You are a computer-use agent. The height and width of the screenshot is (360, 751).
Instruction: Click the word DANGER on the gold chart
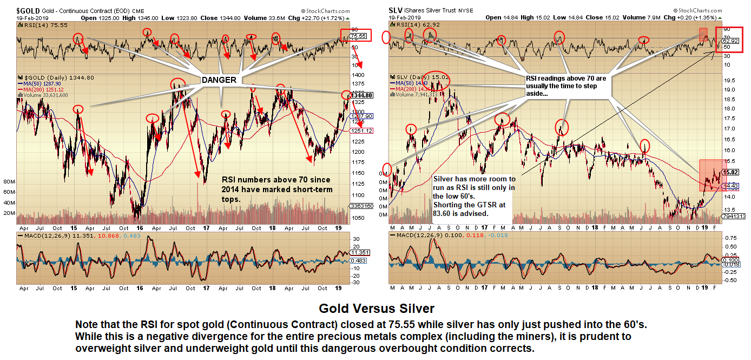[x=219, y=80]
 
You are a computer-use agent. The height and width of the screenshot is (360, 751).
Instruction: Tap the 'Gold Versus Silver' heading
[x=376, y=309]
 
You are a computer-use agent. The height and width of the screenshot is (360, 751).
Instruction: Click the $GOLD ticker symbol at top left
[x=28, y=10]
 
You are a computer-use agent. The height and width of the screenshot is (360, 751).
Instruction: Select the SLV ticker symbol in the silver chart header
[x=396, y=10]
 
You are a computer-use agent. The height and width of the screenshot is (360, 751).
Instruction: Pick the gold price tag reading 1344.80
[x=362, y=95]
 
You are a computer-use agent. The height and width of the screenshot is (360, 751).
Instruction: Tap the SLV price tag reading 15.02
[x=733, y=172]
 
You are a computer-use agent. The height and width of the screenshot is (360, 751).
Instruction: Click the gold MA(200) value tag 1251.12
[x=361, y=131]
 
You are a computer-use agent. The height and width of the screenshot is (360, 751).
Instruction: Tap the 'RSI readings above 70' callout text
[x=565, y=78]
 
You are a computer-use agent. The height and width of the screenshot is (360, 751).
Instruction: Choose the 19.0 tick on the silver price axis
[x=731, y=90]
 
